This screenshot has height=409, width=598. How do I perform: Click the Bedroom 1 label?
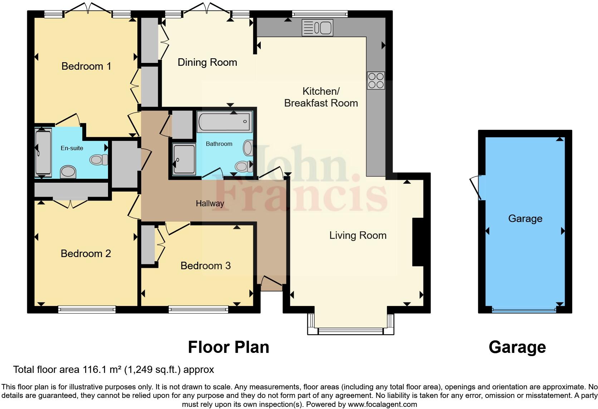pos(86,66)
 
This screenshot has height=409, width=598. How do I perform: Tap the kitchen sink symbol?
pos(317,28)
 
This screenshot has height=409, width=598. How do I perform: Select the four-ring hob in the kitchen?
pos(376,80)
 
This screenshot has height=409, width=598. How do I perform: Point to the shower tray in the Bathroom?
pos(184,159)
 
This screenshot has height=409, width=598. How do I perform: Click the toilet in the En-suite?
pos(99,159)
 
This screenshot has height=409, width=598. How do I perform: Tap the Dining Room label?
pos(207,62)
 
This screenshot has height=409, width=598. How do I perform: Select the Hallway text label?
pos(210,203)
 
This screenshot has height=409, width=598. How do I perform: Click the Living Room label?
pos(358,235)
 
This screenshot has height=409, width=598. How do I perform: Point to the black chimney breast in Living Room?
pos(417,242)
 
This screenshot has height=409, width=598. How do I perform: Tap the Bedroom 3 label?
pos(205,266)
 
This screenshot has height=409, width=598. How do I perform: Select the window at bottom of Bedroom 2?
pos(87,309)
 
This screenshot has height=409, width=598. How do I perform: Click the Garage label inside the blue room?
pos(525,218)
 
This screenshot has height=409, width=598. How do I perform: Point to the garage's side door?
pos(477,187)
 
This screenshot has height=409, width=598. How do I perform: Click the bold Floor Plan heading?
pos(229,347)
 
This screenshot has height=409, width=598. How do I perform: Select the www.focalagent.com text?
pos(382,405)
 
